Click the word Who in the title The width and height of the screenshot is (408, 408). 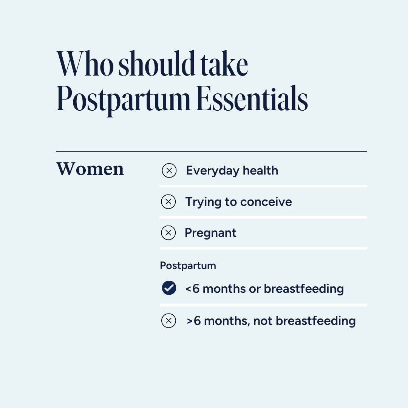85,65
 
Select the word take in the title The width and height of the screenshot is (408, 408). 224,65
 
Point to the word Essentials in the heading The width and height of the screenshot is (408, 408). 252,99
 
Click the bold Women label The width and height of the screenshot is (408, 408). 90,169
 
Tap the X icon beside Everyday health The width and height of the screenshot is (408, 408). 169,171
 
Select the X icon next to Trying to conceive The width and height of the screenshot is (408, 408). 168,202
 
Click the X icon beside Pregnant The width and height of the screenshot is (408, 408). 168,233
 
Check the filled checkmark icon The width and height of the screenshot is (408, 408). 169,288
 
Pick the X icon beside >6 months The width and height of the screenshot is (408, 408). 168,321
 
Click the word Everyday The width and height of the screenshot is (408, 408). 213,171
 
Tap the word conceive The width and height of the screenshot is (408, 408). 266,202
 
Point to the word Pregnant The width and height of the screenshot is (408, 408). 210,233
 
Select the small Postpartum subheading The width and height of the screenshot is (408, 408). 188,266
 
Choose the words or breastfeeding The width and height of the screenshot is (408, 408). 296,289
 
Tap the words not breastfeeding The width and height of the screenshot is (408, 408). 304,321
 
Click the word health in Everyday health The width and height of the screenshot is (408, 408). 260,171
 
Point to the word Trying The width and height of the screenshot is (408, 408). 202,202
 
